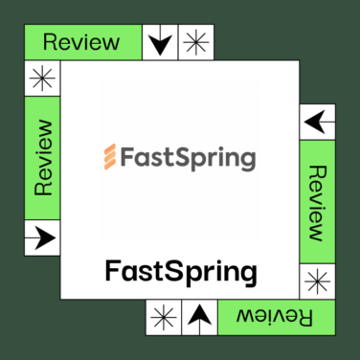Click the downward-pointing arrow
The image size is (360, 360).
pos(160,42)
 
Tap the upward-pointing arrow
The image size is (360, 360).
pos(197,317)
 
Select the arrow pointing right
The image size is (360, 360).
pos(40,236)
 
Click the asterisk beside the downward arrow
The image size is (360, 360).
pos(195,42)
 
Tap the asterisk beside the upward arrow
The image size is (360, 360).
pos(163,317)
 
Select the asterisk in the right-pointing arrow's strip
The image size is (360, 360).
pos(40,79)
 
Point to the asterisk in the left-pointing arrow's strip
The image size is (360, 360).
pos(319,281)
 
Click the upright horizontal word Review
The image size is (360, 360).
pos(82,42)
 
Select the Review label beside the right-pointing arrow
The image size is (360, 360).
pos(40,158)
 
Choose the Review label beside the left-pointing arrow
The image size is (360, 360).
pos(319,202)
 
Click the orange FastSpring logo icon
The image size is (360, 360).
pos(110,156)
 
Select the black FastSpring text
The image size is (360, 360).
pos(181,272)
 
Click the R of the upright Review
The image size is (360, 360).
pos(53,42)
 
